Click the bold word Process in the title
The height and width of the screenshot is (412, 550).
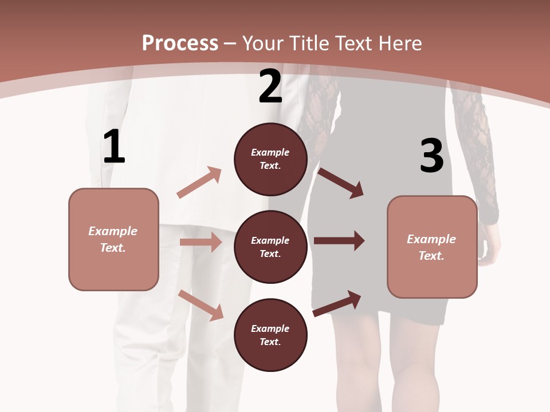180,43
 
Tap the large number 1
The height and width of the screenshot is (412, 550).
114,147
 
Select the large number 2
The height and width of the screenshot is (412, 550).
270,86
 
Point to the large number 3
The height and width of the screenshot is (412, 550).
431,156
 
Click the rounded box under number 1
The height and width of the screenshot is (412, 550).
113,239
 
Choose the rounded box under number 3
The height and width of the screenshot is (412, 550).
432,247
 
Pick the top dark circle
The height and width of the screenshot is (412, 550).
270,159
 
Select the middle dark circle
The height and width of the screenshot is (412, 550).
270,247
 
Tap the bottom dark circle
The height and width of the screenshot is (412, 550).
270,335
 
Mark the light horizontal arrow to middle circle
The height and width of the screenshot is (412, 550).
201,242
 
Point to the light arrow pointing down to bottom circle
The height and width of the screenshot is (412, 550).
201,305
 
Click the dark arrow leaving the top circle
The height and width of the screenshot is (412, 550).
340,183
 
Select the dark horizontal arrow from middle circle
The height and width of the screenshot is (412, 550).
339,241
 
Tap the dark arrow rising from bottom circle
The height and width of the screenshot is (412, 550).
337,303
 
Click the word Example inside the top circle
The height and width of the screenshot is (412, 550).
270,152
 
